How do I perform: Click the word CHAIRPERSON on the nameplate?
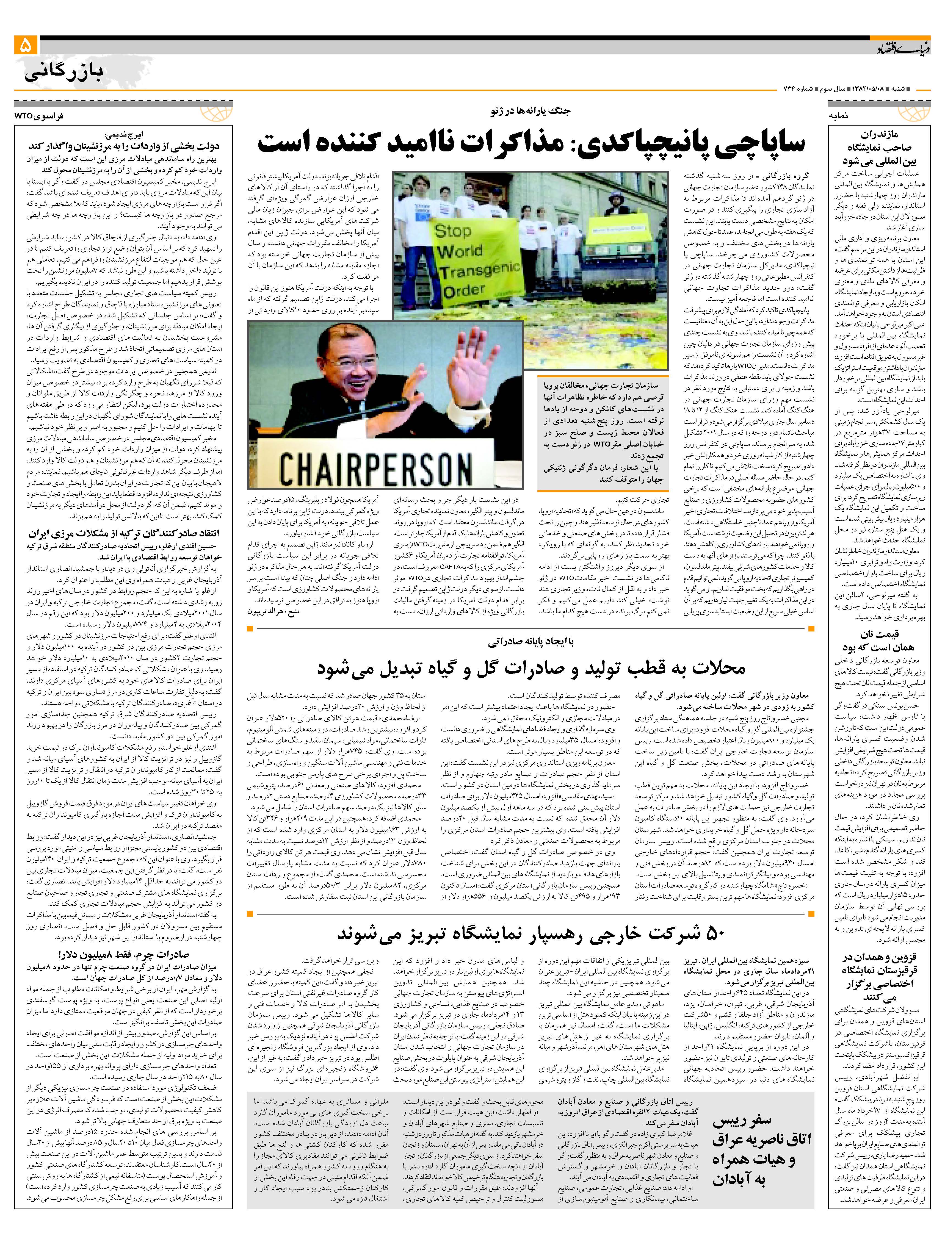pyautogui.click(x=375, y=467)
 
